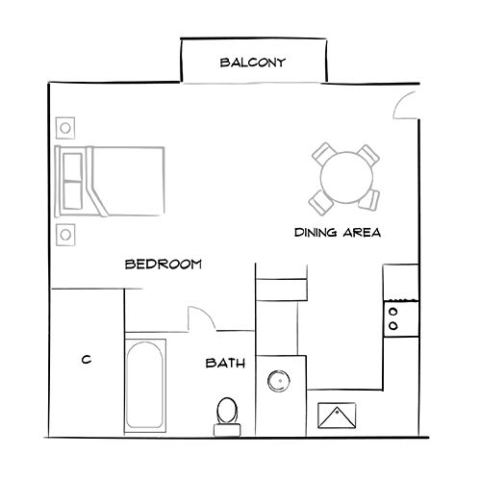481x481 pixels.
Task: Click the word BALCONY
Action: coord(254,64)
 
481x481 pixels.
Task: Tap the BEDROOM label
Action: coord(164,264)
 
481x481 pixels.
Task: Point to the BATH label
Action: coord(225,364)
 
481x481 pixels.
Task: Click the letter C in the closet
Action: coord(86,360)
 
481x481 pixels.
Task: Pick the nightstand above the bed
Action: coord(66,127)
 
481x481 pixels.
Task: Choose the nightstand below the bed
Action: coord(66,234)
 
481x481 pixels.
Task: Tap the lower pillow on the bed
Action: coord(73,197)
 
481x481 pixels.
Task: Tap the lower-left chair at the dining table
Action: coord(319,200)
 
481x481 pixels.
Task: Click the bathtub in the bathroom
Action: coord(145,382)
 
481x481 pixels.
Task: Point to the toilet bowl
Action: coord(228,410)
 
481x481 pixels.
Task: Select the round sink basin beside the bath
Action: coord(279,380)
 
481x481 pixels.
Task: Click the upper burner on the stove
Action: coord(393,311)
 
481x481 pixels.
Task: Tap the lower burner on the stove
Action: coord(393,327)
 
